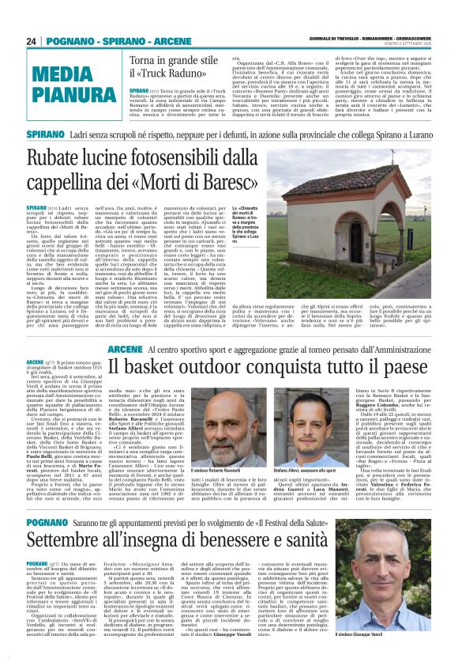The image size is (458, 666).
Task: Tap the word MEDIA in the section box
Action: point(66,77)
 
